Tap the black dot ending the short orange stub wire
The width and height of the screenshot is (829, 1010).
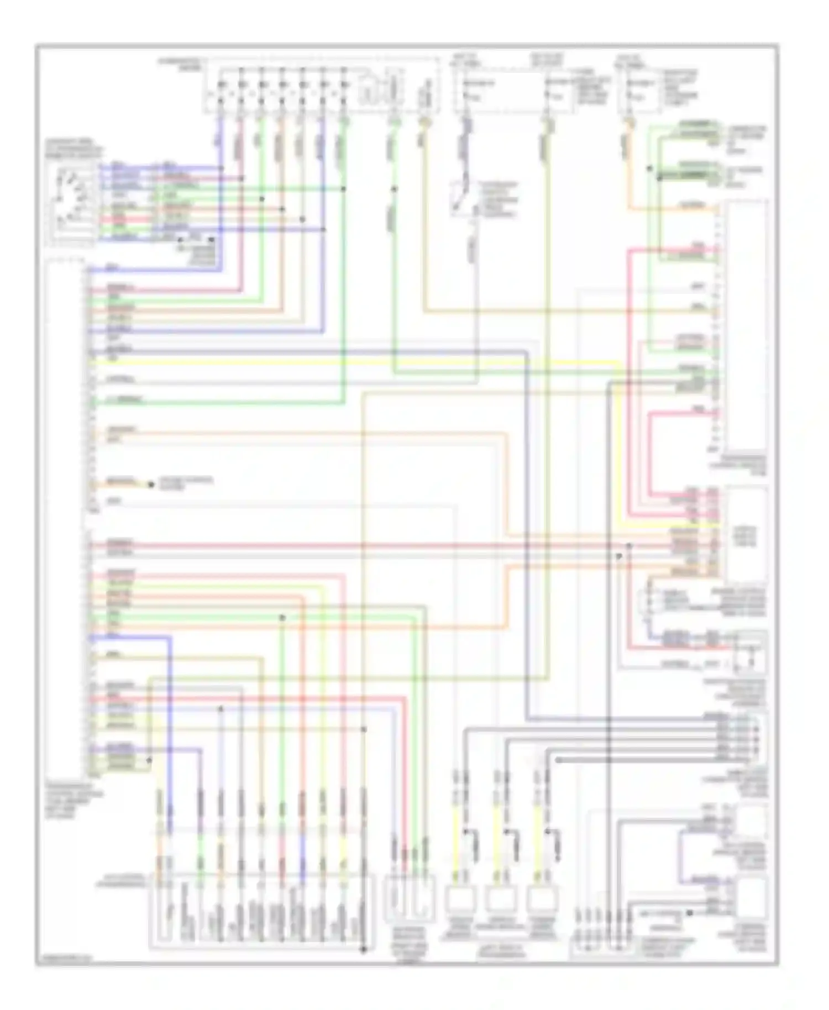point(150,485)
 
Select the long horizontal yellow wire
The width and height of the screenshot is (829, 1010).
point(354,362)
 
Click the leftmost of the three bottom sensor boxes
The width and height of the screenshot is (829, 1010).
point(459,899)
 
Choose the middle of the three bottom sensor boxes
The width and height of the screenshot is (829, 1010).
point(501,899)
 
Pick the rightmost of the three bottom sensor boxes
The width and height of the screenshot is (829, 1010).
point(542,899)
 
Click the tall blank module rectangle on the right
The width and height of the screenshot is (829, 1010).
point(746,326)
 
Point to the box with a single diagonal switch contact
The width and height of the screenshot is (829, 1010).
point(463,199)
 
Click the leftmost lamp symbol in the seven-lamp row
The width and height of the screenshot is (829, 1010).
point(221,85)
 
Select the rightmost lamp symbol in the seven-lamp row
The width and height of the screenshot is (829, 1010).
point(343,85)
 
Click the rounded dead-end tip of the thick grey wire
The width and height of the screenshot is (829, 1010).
point(558,760)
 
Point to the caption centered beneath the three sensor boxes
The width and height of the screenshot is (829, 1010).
point(501,951)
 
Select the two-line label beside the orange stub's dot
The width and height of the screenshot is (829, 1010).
point(185,483)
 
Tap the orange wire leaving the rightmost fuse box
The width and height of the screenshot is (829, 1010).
point(628,166)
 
